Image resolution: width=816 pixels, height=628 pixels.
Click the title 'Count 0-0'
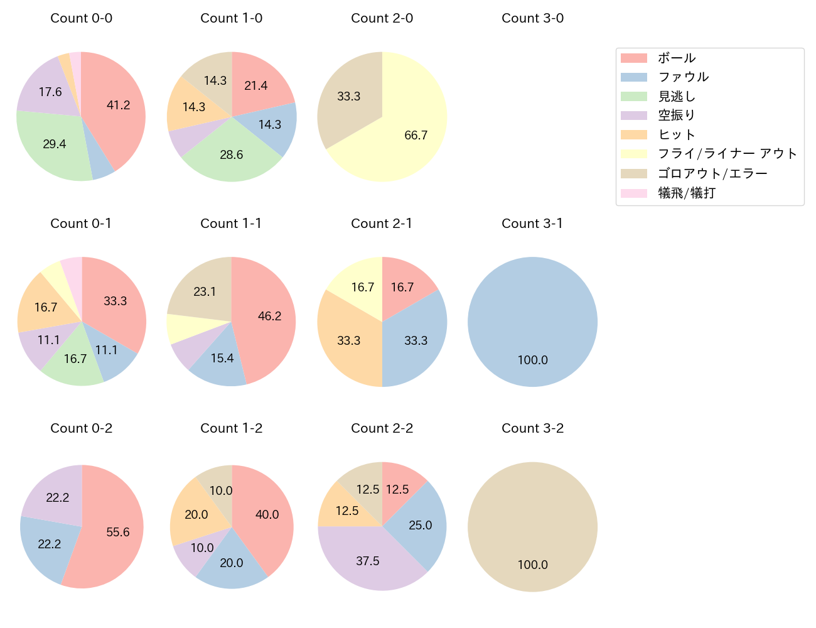pos(81,18)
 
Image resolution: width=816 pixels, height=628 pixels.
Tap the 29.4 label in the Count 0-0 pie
pos(55,144)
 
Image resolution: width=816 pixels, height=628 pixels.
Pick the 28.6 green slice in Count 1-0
pos(232,154)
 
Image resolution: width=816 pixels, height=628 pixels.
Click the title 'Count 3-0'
pos(532,18)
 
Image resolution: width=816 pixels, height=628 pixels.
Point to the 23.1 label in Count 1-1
pos(205,291)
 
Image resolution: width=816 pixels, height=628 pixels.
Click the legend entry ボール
pos(677,58)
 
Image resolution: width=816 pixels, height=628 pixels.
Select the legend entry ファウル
pos(683,77)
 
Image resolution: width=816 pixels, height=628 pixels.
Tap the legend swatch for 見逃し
pos(633,96)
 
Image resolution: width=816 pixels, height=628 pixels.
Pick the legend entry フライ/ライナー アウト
pos(727,153)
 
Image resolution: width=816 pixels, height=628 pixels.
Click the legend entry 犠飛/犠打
pos(686,193)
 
